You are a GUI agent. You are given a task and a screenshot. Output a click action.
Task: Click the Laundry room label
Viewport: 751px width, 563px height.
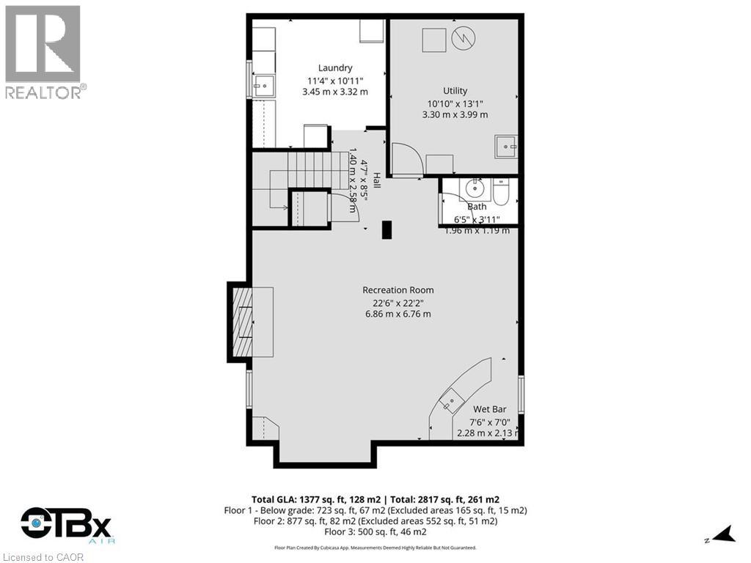tap(335, 67)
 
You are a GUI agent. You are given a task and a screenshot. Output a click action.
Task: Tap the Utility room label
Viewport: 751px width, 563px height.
tap(455, 91)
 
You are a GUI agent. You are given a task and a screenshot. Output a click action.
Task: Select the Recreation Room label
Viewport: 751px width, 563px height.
tap(398, 290)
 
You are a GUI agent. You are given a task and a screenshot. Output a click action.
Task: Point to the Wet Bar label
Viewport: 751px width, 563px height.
tap(490, 409)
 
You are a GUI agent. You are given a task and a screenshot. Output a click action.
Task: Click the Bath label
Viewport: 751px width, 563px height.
tap(477, 207)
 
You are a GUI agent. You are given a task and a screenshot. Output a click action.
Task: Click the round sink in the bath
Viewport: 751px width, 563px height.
tap(475, 189)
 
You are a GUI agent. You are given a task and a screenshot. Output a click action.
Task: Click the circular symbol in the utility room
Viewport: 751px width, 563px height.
tap(464, 39)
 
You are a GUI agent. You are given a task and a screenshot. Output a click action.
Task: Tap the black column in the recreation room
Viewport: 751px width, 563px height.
tap(387, 229)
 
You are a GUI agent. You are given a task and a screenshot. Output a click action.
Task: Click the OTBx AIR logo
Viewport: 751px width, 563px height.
tap(66, 525)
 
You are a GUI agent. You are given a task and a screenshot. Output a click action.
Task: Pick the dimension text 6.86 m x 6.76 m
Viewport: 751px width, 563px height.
tap(398, 314)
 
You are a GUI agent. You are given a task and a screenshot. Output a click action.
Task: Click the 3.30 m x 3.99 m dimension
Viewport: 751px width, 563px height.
tap(455, 114)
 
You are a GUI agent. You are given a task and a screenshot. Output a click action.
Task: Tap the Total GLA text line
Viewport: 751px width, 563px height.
tap(375, 498)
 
